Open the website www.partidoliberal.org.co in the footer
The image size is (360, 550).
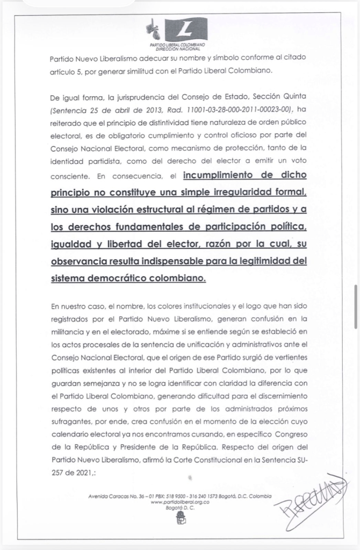179,501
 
